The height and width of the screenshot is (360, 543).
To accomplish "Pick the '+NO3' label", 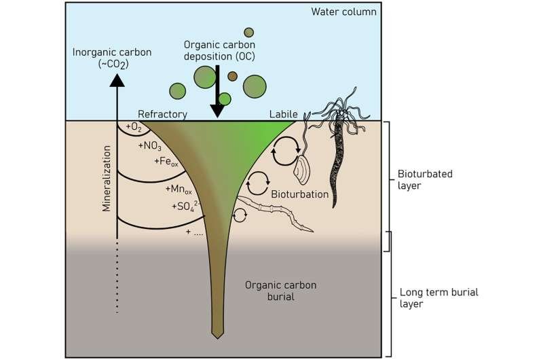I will [150, 145].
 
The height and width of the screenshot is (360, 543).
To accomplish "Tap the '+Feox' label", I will [165, 162].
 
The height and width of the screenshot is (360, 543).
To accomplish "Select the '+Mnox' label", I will [179, 187].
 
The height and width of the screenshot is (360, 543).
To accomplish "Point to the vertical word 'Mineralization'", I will [107, 178].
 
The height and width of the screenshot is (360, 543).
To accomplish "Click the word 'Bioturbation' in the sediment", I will [300, 194].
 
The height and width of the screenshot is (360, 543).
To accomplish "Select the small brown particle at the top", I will [249, 32].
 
